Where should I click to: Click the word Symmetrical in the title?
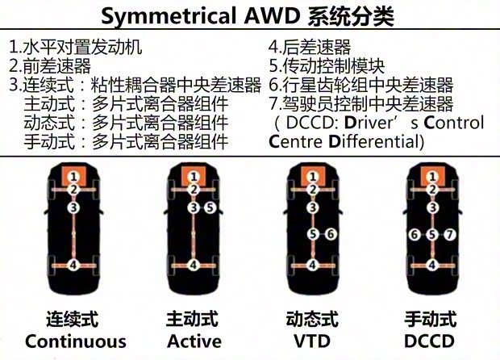(169, 16)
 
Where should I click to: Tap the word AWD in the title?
(272, 15)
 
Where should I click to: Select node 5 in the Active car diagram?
(210, 207)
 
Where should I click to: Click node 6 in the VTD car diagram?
(331, 234)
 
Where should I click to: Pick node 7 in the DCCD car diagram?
(450, 235)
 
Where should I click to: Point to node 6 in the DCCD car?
(415, 235)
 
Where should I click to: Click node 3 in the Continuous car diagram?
(73, 207)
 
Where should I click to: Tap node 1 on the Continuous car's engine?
(73, 177)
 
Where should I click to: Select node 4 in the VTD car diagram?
(313, 265)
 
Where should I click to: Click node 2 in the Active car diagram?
(194, 190)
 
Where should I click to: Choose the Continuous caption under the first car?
(76, 341)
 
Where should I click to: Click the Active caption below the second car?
(194, 341)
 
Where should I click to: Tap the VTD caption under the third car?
(312, 341)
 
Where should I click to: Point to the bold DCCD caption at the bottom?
(429, 341)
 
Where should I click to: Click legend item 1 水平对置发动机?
(76, 48)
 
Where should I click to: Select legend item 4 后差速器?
(310, 48)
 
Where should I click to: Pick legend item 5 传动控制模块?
(327, 65)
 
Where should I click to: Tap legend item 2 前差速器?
(50, 65)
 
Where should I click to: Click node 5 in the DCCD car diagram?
(432, 235)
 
